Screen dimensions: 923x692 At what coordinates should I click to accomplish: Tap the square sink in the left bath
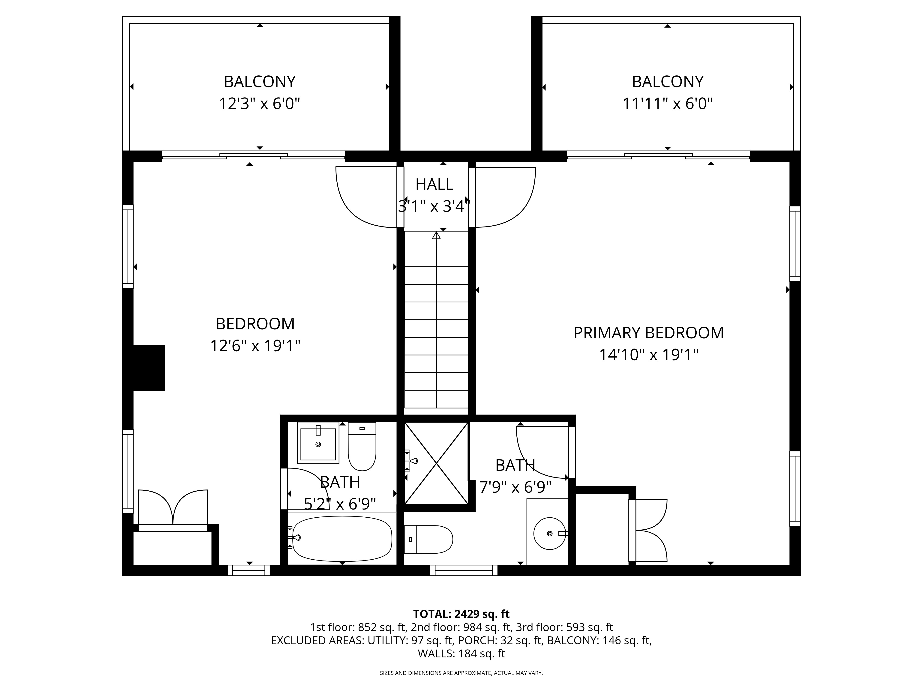[x=318, y=443]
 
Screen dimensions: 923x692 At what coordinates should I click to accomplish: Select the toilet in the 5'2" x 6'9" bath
[x=362, y=446]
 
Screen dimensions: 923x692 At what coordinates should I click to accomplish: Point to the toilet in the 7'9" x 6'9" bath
[x=429, y=539]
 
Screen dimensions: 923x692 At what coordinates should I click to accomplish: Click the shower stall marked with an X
[x=437, y=463]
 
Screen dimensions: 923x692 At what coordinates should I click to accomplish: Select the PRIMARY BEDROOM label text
[x=649, y=333]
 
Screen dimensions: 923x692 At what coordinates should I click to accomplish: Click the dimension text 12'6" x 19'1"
[x=255, y=346]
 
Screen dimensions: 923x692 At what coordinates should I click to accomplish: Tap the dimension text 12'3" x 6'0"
[x=260, y=103]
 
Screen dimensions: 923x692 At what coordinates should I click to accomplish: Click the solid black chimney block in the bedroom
[x=149, y=368]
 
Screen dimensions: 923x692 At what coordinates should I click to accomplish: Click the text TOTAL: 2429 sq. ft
[x=461, y=614]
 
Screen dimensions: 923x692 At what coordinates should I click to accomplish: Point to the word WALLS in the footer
[x=436, y=654]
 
